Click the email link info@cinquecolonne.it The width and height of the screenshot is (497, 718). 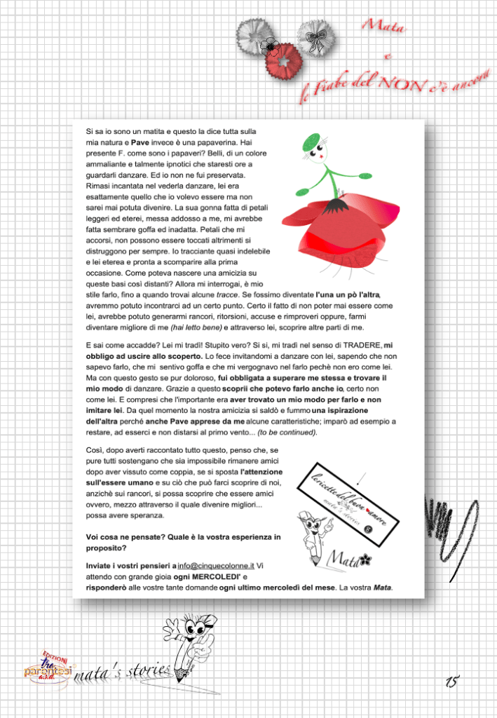tap(216, 564)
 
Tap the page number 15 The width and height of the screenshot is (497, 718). tap(452, 680)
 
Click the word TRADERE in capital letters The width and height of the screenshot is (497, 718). tap(362, 345)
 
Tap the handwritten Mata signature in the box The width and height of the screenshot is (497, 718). tap(348, 560)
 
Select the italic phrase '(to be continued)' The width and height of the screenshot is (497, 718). tap(287, 433)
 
